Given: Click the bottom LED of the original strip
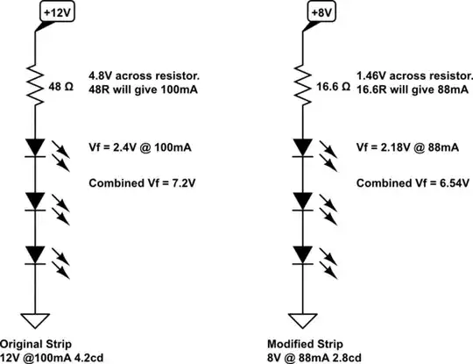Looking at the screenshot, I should [x=35, y=254].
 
